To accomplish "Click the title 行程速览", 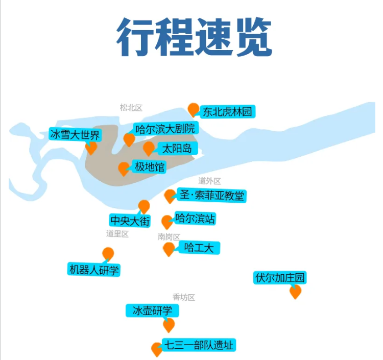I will point(194,38).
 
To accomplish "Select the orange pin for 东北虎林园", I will point(193,109).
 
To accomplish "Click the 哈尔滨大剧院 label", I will point(164,128).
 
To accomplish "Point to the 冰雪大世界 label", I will point(75,135).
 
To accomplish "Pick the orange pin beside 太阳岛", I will point(148,149).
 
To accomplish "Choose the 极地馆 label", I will point(150,166).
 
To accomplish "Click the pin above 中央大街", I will point(144,206).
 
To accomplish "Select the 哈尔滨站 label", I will point(195,219).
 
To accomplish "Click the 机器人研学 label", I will point(94,269).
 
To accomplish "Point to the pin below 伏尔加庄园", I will point(295,292).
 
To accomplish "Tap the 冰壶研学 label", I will point(152,310).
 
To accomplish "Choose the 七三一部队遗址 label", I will point(199,345).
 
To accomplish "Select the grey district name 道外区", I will point(209,181).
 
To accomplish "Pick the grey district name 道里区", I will point(117,234).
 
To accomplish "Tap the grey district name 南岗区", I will point(169,237).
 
